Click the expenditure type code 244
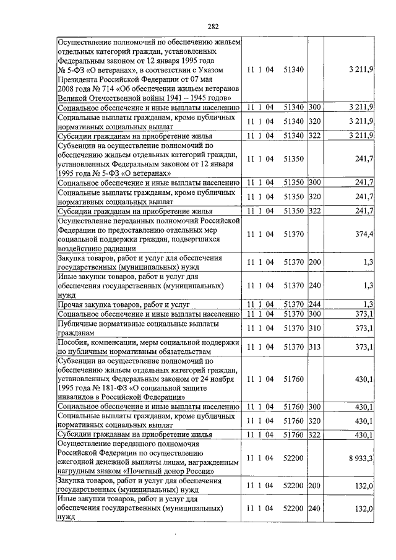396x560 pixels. (314, 304)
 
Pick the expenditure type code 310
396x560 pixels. (314, 328)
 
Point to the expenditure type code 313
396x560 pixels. (314, 347)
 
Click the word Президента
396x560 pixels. (80, 78)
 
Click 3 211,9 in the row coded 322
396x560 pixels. (360, 136)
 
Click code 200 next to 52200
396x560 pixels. (314, 487)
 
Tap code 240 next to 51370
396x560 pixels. (314, 286)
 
